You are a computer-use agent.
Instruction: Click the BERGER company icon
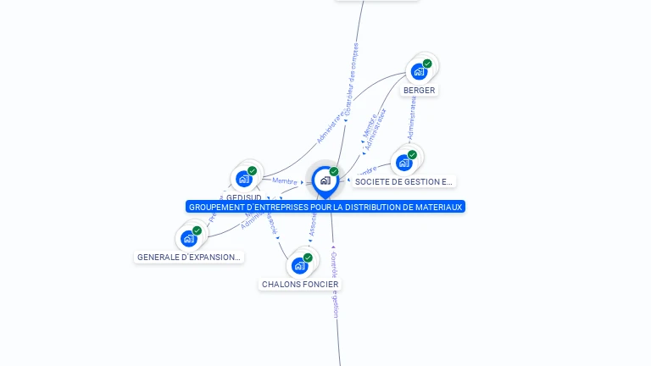point(419,72)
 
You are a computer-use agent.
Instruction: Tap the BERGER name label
point(420,90)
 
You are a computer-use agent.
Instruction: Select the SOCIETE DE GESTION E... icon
point(403,163)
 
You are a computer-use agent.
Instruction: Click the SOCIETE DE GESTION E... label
point(404,181)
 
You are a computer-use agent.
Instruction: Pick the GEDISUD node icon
point(243,179)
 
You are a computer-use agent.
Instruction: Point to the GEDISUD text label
point(243,197)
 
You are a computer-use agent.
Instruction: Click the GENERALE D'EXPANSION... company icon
point(188,239)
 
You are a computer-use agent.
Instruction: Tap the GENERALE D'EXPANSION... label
point(189,257)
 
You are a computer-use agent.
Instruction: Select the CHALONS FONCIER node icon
point(299,266)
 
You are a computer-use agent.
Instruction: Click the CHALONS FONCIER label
point(300,285)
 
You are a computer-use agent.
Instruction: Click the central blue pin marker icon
point(325,180)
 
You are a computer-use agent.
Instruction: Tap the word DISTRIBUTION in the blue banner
point(370,207)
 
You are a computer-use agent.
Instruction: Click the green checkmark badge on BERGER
point(427,64)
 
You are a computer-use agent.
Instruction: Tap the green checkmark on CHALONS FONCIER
point(308,258)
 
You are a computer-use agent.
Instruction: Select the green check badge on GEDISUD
point(252,170)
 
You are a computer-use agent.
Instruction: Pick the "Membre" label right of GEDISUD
point(285,181)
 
